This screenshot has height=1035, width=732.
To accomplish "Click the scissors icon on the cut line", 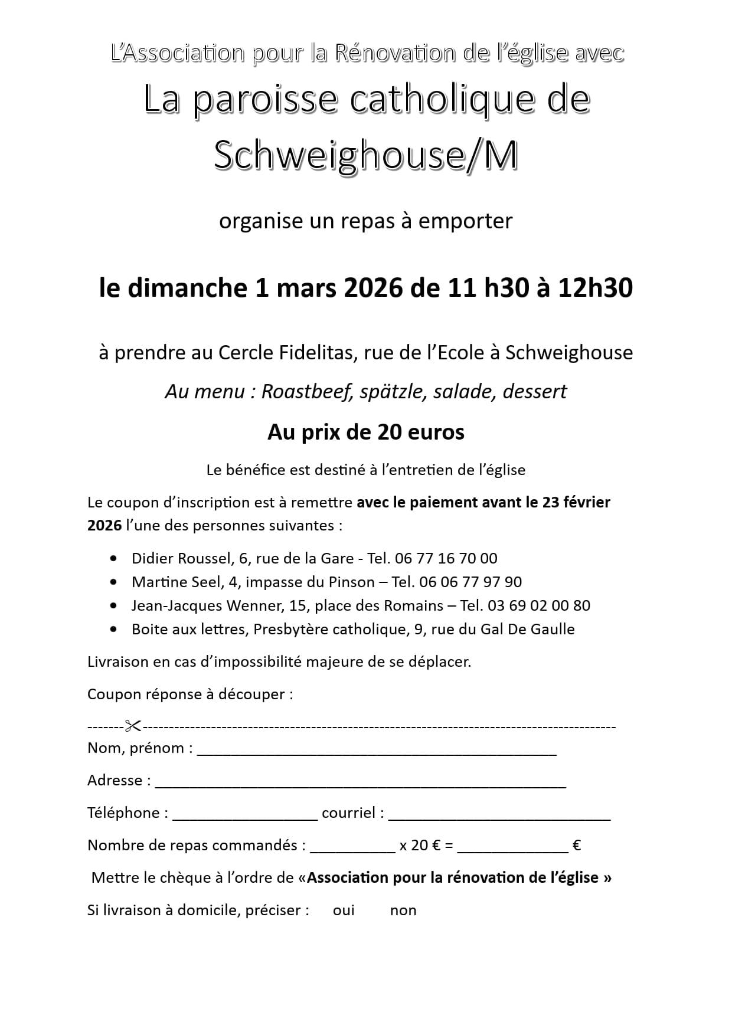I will pos(133,726).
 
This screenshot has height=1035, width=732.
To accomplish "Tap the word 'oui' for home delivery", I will pos(344,910).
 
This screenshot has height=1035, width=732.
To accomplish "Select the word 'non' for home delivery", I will pos(403,910).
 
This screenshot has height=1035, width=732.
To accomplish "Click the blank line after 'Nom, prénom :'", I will pos(377,752).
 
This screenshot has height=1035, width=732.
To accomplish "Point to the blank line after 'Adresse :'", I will pos(360,784).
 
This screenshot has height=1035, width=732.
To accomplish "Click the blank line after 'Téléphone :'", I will pos(245,817).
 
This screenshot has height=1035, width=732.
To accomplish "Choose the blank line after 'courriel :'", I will pos(499,817).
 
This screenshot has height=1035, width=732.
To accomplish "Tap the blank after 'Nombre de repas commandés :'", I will pos(352,849).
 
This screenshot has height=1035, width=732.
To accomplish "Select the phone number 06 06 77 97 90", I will pos(470,582).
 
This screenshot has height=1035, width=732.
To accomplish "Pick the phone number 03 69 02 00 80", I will pos(539,605).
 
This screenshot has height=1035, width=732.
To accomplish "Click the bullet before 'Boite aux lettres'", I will pos(113,629).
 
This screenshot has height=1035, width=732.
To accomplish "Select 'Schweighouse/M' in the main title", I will pos(365,156).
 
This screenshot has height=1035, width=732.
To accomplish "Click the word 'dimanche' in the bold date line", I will pos(188,288).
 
